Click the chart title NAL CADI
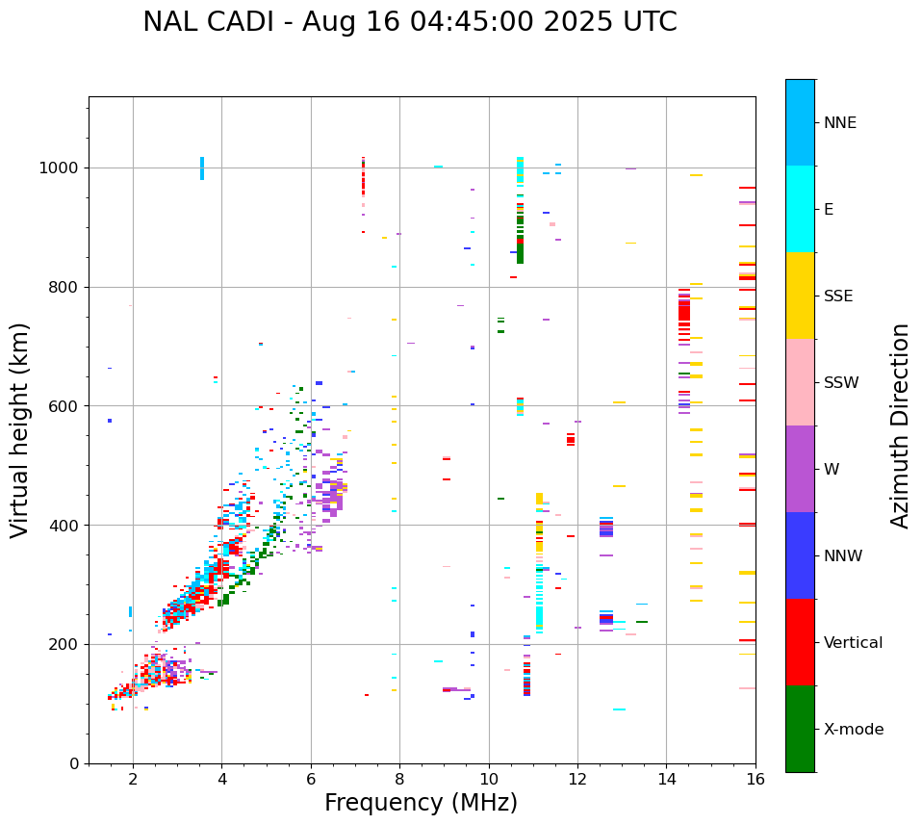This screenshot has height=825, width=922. click(409, 22)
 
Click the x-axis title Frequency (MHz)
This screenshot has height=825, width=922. click(421, 803)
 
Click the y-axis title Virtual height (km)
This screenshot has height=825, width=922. click(20, 430)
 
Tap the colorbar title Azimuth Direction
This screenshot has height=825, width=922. click(900, 425)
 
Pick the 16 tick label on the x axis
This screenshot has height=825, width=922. click(756, 779)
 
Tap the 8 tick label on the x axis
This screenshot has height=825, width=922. click(399, 779)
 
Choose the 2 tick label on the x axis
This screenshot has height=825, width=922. click(133, 779)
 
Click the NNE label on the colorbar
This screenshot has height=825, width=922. click(839, 123)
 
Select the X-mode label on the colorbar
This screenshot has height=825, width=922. click(854, 730)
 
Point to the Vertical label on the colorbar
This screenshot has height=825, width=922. click(853, 643)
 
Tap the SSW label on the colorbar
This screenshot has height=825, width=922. click(841, 383)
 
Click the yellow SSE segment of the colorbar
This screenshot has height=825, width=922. click(800, 296)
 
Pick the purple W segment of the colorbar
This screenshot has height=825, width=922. click(800, 469)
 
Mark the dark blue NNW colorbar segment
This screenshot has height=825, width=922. click(800, 555)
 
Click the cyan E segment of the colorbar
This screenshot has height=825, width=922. click(800, 209)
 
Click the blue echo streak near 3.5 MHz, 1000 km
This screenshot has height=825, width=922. click(202, 168)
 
